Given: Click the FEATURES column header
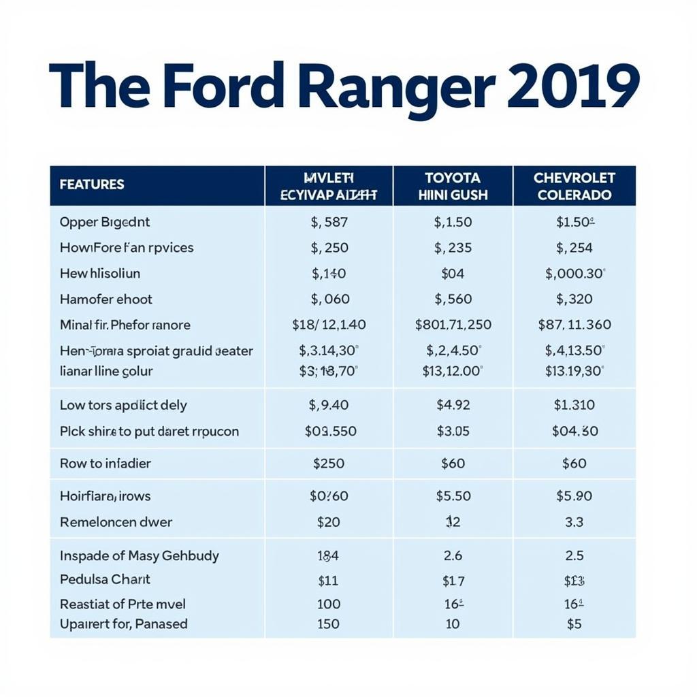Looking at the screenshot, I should click(92, 184).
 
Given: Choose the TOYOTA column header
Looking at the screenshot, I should click(452, 186).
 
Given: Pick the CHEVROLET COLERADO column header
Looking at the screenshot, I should click(574, 186).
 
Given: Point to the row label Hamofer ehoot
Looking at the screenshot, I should click(106, 299).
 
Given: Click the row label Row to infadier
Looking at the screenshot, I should click(106, 464).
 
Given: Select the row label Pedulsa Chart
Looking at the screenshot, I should click(105, 579).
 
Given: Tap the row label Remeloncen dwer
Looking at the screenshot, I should click(116, 522).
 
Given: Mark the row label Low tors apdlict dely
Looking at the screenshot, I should click(123, 405).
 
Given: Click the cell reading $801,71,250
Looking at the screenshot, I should click(453, 325).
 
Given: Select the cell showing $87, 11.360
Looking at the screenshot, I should click(574, 325).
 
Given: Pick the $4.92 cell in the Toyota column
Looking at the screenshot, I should click(453, 405).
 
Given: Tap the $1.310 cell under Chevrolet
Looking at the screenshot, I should click(574, 405).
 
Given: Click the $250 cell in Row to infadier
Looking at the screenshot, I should click(329, 464).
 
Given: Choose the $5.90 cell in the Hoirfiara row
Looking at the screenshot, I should click(574, 496).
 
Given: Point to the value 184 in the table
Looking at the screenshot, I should click(329, 556).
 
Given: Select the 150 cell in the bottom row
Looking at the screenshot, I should click(329, 623).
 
